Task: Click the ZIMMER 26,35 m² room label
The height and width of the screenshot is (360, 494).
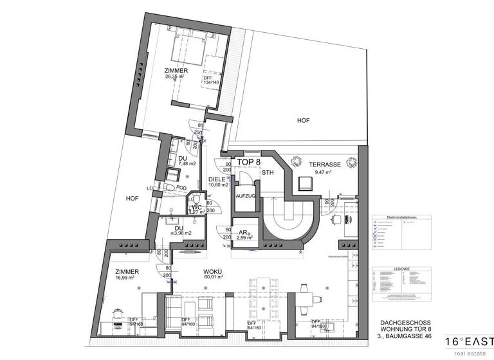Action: coord(175,73)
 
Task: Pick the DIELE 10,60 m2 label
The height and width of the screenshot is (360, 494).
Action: coord(218,182)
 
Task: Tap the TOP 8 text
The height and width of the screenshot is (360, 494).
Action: coord(249,163)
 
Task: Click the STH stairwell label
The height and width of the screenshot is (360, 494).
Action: coord(267,173)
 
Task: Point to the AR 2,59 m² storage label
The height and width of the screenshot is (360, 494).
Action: coord(244,235)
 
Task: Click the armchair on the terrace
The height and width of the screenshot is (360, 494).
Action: coord(305,184)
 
